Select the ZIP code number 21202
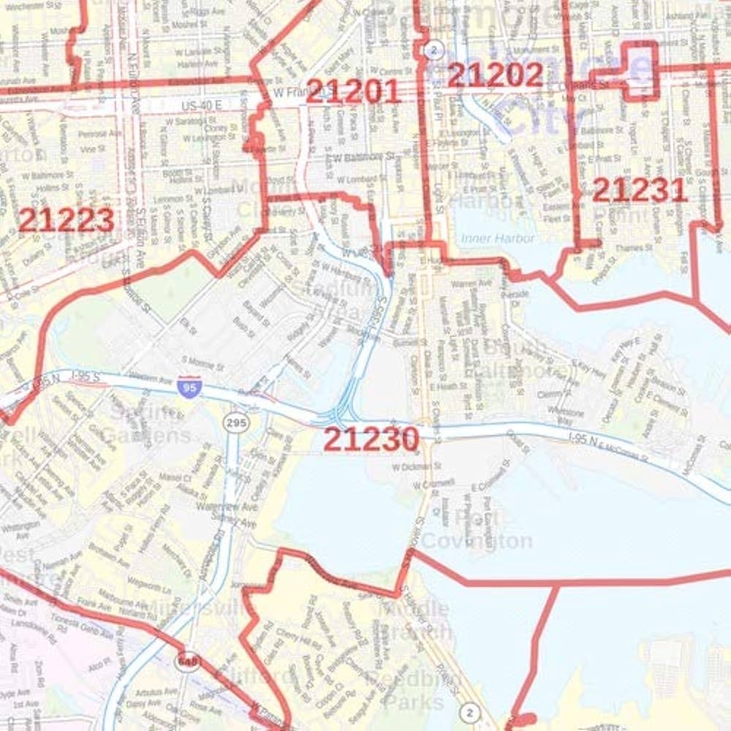[x=495, y=75]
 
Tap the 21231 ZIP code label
[x=640, y=190]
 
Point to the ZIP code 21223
[x=66, y=219]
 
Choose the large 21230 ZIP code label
[x=371, y=439]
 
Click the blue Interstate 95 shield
[x=186, y=385]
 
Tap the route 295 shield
[x=238, y=423]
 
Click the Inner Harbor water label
[x=498, y=238]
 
